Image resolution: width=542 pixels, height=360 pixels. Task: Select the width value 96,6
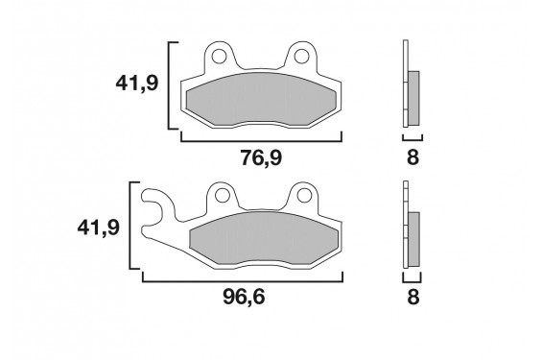[x=244, y=298]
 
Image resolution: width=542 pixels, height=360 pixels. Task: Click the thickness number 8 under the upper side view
[x=412, y=157]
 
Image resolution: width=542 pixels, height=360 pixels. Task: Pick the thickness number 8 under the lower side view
[x=412, y=298]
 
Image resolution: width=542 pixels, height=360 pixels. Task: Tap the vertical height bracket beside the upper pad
[x=170, y=84]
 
